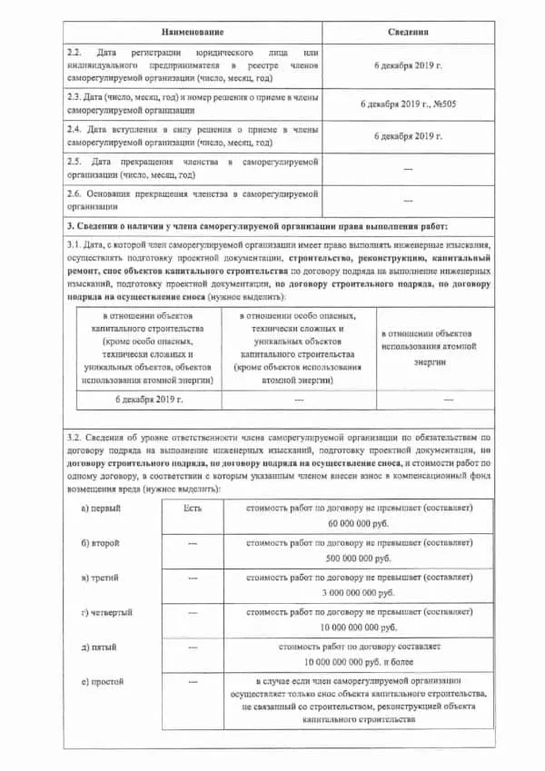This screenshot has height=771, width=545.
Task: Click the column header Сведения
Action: point(408,32)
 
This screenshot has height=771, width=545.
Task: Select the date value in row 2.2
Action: point(408,66)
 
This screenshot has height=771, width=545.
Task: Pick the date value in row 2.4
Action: point(408,136)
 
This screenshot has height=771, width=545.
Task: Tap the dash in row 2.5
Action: point(408,169)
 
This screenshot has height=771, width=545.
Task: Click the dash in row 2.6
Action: point(408,200)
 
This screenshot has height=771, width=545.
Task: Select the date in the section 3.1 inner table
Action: point(150,399)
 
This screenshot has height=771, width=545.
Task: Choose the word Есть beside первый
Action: point(192,509)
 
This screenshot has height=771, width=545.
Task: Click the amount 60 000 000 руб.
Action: point(360,525)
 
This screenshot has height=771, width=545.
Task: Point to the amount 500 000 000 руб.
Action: point(360,558)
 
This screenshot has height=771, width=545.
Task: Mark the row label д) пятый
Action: point(98,647)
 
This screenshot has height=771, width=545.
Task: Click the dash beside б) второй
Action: point(192,543)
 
